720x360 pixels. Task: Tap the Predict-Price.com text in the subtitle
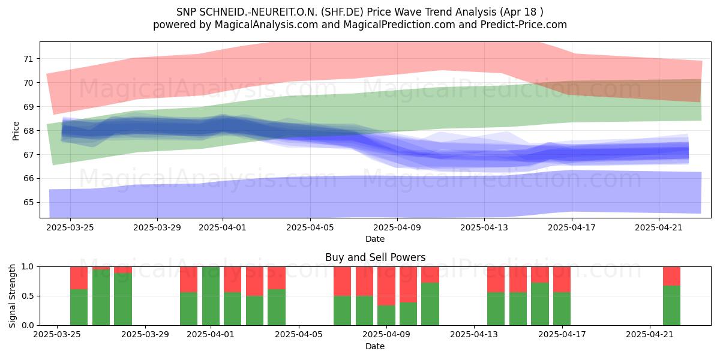(x=524, y=25)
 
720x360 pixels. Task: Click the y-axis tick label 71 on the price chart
(x=28, y=59)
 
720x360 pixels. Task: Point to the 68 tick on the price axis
(x=28, y=131)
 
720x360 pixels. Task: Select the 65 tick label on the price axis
(x=28, y=203)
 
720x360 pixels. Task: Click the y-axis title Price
(x=16, y=131)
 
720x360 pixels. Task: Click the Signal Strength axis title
(x=12, y=296)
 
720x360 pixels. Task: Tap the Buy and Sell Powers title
(x=375, y=257)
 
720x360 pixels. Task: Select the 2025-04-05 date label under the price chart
(x=310, y=228)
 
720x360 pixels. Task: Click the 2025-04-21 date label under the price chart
(x=659, y=228)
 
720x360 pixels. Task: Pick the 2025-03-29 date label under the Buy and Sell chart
(x=145, y=335)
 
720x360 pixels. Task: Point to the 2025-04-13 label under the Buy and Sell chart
(x=474, y=335)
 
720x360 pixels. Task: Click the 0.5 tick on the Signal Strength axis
(x=28, y=296)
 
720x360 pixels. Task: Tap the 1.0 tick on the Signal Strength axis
(x=28, y=267)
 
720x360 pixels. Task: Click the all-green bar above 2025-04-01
(x=211, y=296)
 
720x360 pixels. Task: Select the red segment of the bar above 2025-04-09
(x=386, y=286)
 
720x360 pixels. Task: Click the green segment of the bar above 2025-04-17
(x=562, y=309)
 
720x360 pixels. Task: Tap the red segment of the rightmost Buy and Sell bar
(x=671, y=276)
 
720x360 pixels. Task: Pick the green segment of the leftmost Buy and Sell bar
(x=79, y=307)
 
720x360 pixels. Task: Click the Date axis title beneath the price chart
(x=375, y=239)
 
